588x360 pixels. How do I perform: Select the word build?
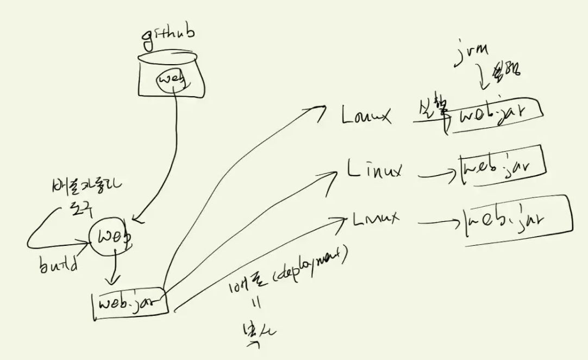coord(58,266)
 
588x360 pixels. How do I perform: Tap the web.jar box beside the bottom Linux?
coord(516,220)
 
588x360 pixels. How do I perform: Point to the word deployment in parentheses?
coord(311,269)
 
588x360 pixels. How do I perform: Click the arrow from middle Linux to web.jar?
coord(437,174)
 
